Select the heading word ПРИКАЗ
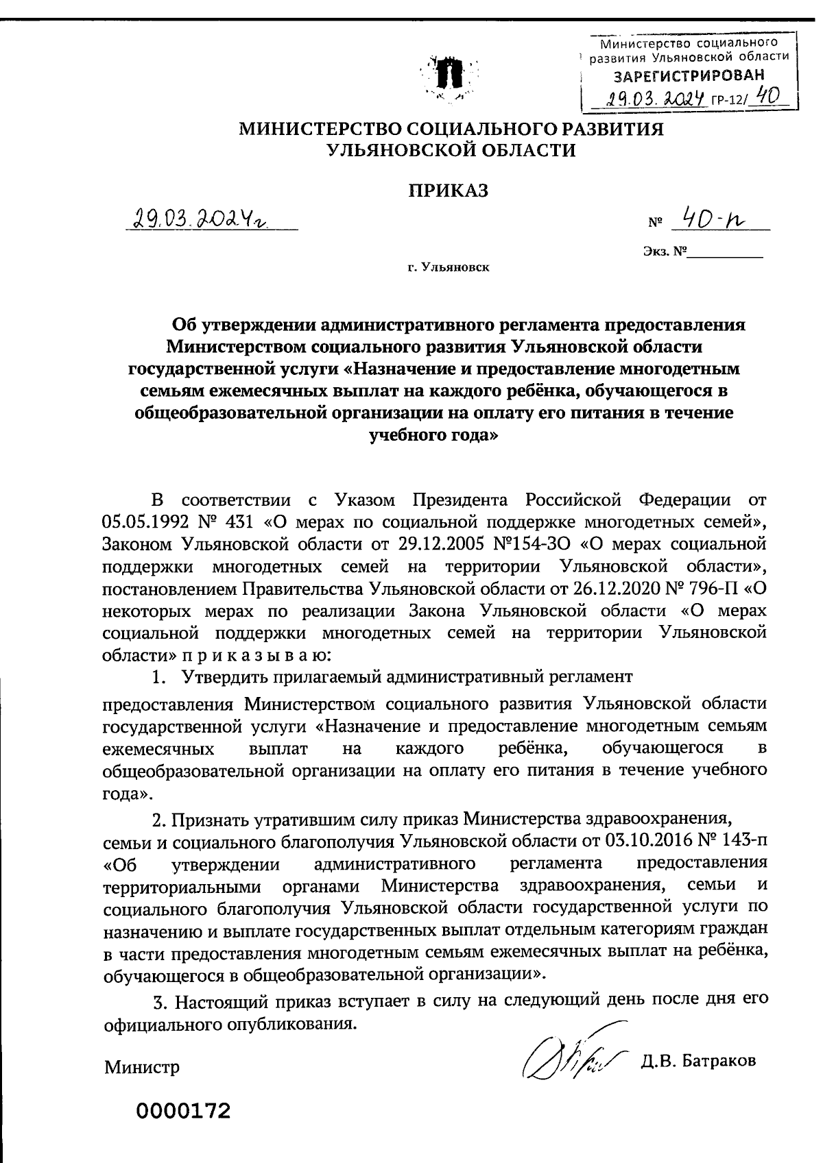coord(449,191)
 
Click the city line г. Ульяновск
coord(449,267)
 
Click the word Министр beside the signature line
coord(142,1067)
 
